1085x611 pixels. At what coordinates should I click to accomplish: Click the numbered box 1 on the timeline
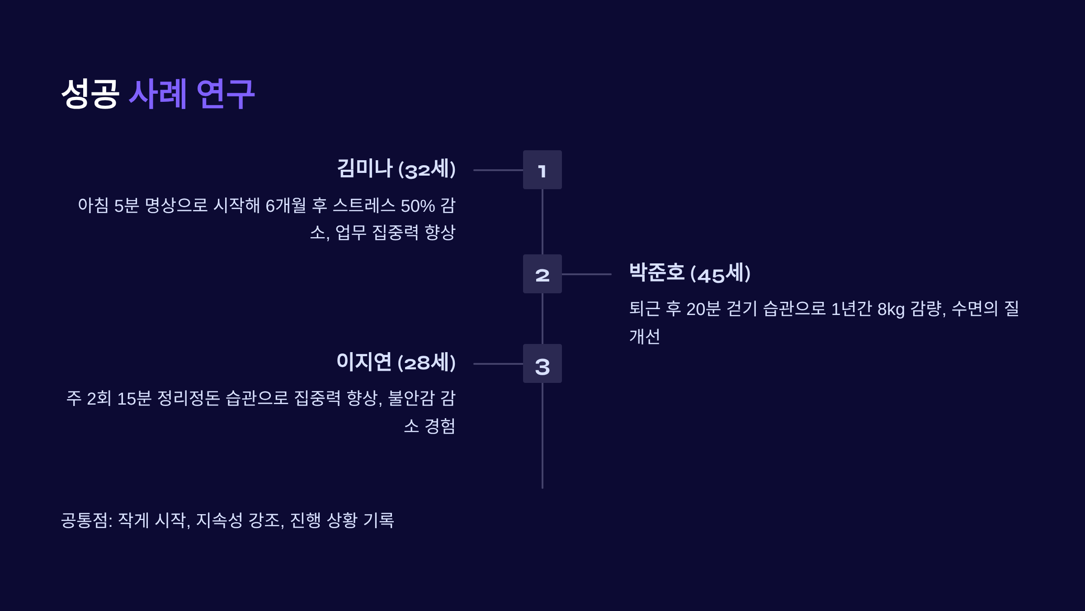[x=542, y=170]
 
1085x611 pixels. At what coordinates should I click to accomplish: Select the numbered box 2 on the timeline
[x=542, y=274]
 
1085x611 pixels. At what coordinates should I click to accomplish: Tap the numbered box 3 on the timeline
[x=542, y=363]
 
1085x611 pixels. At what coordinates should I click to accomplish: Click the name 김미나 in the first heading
[x=364, y=168]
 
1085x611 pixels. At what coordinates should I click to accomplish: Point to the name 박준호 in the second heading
[x=657, y=272]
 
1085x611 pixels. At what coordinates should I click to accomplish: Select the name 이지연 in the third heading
[x=364, y=362]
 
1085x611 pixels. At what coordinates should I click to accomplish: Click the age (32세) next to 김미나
[x=427, y=169]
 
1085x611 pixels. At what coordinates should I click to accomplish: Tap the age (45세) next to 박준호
[x=721, y=273]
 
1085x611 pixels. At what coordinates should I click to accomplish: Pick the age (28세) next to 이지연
[x=427, y=363]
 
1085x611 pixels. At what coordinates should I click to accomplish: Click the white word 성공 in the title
[x=90, y=94]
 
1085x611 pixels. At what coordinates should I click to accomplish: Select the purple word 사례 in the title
[x=158, y=94]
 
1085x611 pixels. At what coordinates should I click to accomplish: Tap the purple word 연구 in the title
[x=226, y=94]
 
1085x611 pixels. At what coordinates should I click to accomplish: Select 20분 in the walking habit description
[x=703, y=309]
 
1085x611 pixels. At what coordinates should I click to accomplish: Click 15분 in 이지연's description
[x=134, y=399]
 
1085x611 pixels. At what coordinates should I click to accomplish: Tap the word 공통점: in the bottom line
[x=87, y=520]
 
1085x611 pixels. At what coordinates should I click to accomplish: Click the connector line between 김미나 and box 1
[x=498, y=170]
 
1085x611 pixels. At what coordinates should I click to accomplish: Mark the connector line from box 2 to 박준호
[x=586, y=274]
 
